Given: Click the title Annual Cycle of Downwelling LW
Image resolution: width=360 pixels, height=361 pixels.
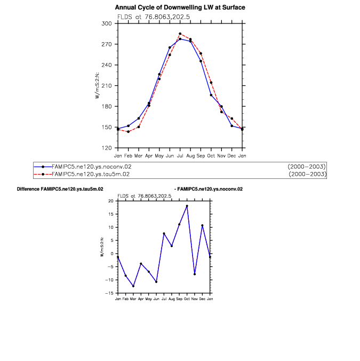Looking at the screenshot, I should coord(180,7).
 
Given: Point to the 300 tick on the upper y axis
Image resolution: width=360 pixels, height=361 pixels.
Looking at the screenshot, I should coord(107,23).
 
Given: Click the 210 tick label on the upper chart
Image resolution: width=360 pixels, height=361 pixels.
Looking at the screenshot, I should coord(107,85).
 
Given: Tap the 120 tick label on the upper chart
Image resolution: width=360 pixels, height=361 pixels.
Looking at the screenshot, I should coord(107,148).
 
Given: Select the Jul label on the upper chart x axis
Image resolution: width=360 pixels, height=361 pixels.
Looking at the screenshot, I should coord(180,155).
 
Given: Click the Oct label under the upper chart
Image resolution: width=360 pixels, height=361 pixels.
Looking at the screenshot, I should coord(211,155).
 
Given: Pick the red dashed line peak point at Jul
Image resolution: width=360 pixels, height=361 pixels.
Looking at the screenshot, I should coord(180,34).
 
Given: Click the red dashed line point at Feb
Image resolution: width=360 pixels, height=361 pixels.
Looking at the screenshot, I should coord(128,131).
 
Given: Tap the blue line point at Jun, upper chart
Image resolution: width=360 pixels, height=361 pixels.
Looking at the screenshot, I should coord(170,48).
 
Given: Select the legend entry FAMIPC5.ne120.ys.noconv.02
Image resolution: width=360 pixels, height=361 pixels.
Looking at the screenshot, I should coord(91,167).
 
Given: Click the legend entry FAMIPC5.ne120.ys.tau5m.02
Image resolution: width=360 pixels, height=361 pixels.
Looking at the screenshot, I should coord(91,174).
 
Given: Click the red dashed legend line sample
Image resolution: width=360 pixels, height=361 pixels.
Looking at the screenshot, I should coord(43,174).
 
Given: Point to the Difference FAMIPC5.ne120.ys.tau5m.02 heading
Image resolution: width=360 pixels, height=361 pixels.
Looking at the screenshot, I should coord(60,189).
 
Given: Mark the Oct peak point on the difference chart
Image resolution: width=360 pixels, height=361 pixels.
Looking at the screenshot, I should coord(187,206).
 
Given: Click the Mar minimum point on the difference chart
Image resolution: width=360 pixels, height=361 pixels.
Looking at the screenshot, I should coord(133,286).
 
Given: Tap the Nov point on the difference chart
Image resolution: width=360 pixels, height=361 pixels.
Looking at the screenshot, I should coord(195,274).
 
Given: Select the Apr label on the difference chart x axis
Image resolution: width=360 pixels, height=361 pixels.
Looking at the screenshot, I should coord(141,299).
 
